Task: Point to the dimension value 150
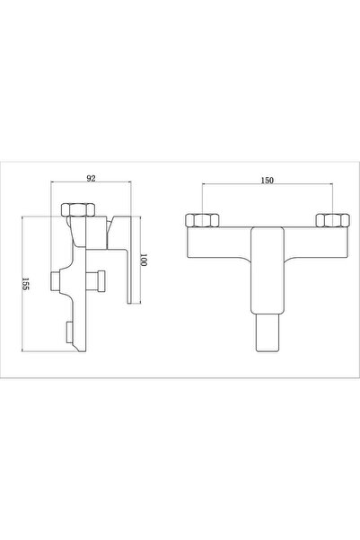click(267, 181)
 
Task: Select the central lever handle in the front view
click(266, 270)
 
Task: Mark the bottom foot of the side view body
click(78, 351)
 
